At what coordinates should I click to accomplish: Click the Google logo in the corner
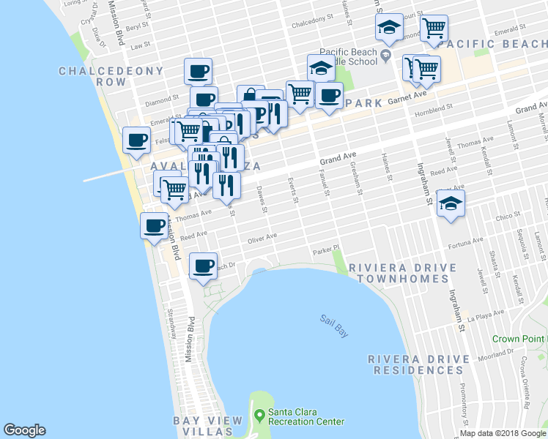tap(24, 430)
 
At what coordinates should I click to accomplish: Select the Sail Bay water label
tap(333, 325)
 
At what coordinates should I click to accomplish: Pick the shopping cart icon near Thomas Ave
tap(174, 189)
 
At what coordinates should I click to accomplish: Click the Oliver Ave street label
tap(262, 237)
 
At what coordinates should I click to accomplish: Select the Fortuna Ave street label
tap(467, 240)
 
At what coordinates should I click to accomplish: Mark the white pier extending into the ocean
tap(106, 176)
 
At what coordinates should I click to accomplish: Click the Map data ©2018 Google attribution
tap(503, 433)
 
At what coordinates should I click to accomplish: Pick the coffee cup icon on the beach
tap(136, 140)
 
